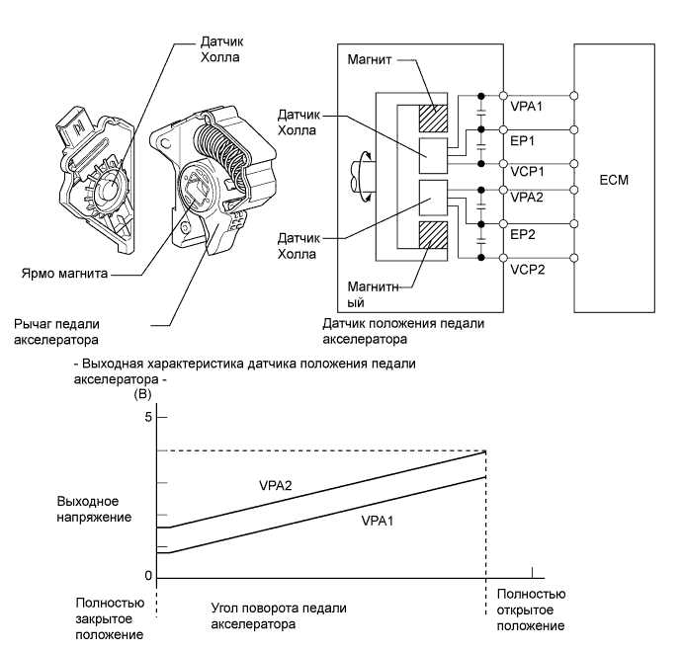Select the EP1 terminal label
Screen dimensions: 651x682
[522, 140]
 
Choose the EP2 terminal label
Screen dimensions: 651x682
[522, 238]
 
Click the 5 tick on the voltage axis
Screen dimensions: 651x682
[149, 418]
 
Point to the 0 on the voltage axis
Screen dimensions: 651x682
[147, 576]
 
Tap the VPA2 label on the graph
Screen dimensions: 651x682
[277, 486]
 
